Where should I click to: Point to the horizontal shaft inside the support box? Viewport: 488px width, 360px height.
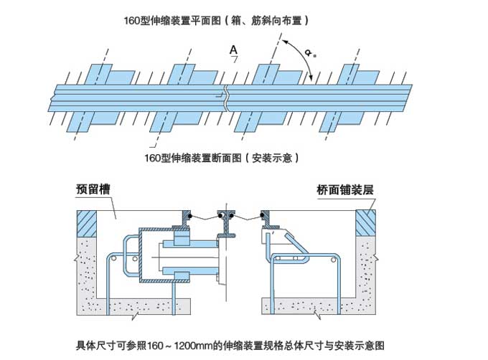[x=187, y=257]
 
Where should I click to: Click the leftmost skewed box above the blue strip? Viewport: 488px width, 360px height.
[x=94, y=74]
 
